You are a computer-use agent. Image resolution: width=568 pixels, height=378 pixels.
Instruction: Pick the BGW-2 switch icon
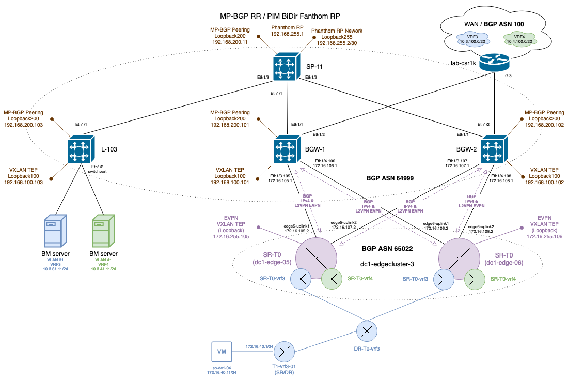[x=494, y=150]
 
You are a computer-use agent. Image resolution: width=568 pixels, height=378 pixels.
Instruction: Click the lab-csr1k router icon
[x=494, y=63]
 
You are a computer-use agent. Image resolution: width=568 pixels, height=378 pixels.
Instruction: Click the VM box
[x=222, y=352]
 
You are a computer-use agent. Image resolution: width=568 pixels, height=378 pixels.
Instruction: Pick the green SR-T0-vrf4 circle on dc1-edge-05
[x=332, y=279]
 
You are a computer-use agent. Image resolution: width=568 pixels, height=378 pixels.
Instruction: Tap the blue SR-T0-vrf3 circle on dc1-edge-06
[x=443, y=279]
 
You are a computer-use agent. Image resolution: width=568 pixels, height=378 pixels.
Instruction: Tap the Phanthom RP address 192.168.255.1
[x=287, y=33]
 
